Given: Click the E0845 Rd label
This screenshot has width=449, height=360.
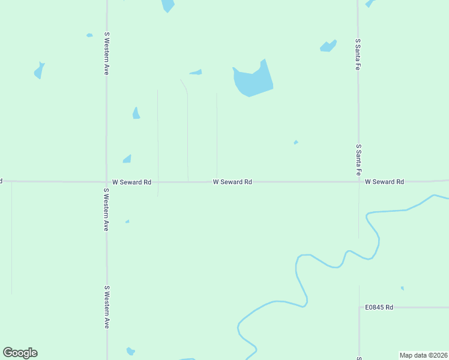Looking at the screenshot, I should (x=379, y=307).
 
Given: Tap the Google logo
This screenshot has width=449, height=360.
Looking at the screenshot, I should (x=20, y=353).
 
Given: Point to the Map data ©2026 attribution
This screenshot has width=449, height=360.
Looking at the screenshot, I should (x=423, y=355).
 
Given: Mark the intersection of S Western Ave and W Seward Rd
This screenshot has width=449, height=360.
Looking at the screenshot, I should (x=107, y=181).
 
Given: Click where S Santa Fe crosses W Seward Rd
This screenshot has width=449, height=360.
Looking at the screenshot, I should (x=358, y=181).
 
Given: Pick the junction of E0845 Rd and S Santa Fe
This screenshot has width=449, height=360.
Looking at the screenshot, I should (x=359, y=307).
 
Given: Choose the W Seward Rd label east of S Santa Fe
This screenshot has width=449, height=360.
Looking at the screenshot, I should (x=384, y=181).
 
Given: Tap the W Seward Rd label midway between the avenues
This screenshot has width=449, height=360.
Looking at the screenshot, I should (x=232, y=181).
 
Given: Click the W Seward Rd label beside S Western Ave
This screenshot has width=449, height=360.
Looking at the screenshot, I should (x=131, y=181).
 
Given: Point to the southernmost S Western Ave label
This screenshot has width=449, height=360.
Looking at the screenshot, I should (x=106, y=307).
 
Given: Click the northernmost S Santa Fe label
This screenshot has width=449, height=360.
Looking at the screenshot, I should (x=358, y=55).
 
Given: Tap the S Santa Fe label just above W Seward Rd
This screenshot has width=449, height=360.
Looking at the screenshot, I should (x=358, y=159).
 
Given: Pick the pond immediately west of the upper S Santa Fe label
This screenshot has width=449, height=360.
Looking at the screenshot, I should (x=328, y=46).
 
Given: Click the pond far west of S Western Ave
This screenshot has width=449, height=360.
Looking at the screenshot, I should (x=39, y=71).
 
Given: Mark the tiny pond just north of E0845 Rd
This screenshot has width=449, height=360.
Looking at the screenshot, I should (x=402, y=288).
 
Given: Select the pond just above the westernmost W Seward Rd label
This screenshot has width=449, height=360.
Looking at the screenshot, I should (x=127, y=159).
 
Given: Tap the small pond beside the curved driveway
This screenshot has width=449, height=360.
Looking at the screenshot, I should (x=196, y=73).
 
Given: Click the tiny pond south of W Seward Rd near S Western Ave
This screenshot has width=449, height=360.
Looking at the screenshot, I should (x=127, y=221).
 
